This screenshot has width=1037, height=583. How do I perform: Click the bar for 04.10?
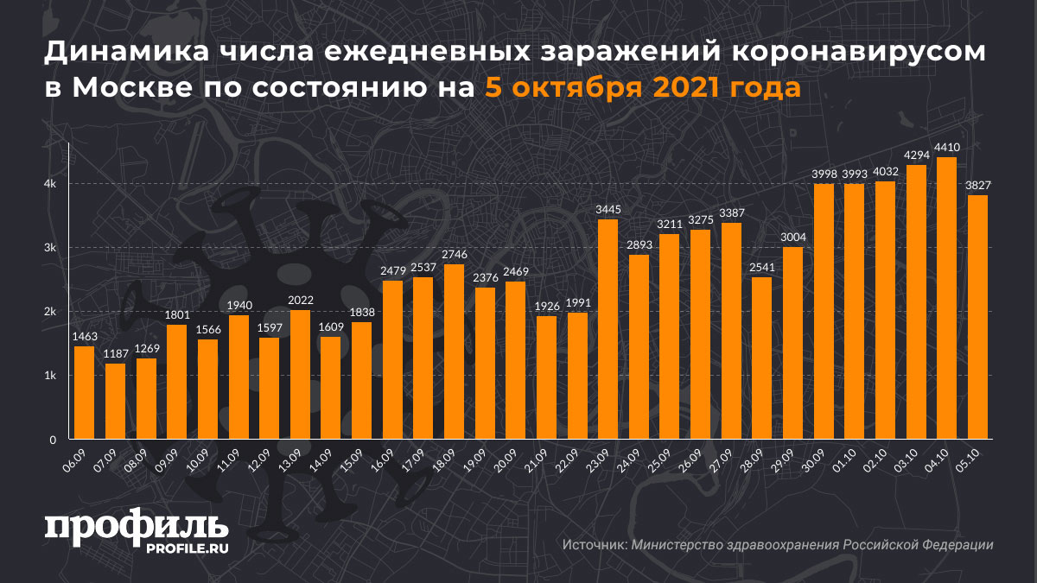click(946, 298)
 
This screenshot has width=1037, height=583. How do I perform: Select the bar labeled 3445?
click(608, 329)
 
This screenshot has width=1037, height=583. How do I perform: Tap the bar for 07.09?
click(115, 402)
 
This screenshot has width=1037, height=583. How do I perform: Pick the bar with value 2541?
click(762, 358)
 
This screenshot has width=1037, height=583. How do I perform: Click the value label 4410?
click(946, 147)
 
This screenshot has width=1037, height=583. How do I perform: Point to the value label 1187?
click(115, 353)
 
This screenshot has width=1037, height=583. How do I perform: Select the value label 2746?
click(454, 254)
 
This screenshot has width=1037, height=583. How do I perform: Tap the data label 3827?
click(977, 185)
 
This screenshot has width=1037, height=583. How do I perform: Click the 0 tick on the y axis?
click(53, 440)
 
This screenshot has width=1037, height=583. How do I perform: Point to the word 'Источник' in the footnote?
click(594, 545)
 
